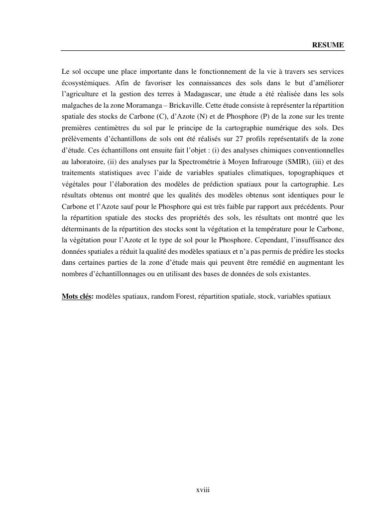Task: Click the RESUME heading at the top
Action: click(328, 45)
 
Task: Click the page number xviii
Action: click(203, 490)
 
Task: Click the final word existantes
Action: click(295, 274)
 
